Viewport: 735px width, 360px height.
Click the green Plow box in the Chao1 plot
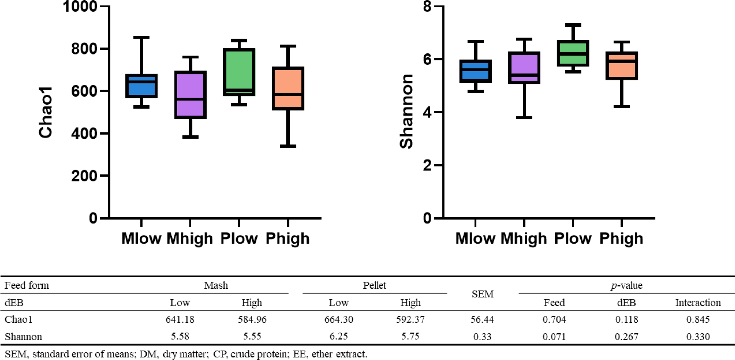click(239, 72)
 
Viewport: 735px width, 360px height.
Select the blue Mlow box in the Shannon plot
click(475, 71)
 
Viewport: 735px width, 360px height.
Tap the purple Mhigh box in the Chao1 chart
click(190, 95)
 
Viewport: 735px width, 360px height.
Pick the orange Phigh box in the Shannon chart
click(622, 66)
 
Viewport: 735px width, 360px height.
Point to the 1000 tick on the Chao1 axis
click(80, 7)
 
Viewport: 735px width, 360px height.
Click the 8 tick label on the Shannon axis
click(427, 7)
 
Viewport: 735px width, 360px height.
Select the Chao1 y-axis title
click(46, 112)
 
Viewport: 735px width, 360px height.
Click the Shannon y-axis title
click(406, 111)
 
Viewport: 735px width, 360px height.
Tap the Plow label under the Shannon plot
click(573, 239)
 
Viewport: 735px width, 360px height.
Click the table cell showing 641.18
click(180, 319)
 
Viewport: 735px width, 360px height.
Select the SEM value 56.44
click(482, 319)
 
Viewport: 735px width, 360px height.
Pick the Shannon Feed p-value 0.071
click(554, 336)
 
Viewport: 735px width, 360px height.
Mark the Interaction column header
click(698, 303)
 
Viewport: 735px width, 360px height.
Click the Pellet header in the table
click(374, 285)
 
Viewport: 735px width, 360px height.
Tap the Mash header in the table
click(216, 285)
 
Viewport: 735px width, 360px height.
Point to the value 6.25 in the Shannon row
click(338, 336)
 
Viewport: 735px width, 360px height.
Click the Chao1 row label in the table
click(18, 319)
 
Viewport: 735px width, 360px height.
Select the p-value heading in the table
click(626, 286)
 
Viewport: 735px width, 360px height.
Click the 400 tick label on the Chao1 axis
click(84, 133)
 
